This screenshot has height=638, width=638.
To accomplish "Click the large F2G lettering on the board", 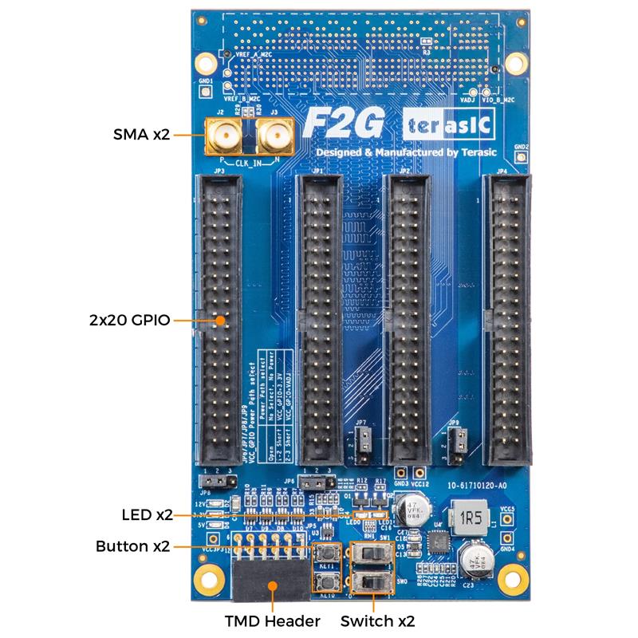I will point(345,124).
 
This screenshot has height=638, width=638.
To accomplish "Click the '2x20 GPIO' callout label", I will point(130,321).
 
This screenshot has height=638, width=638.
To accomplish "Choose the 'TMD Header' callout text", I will point(273,620).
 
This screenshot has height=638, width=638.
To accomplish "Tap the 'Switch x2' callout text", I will point(378,620).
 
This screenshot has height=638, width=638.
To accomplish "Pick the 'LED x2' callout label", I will point(147,514).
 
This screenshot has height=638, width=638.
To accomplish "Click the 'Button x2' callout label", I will point(132,547).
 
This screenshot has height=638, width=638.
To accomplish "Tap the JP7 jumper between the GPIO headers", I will point(360,443).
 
